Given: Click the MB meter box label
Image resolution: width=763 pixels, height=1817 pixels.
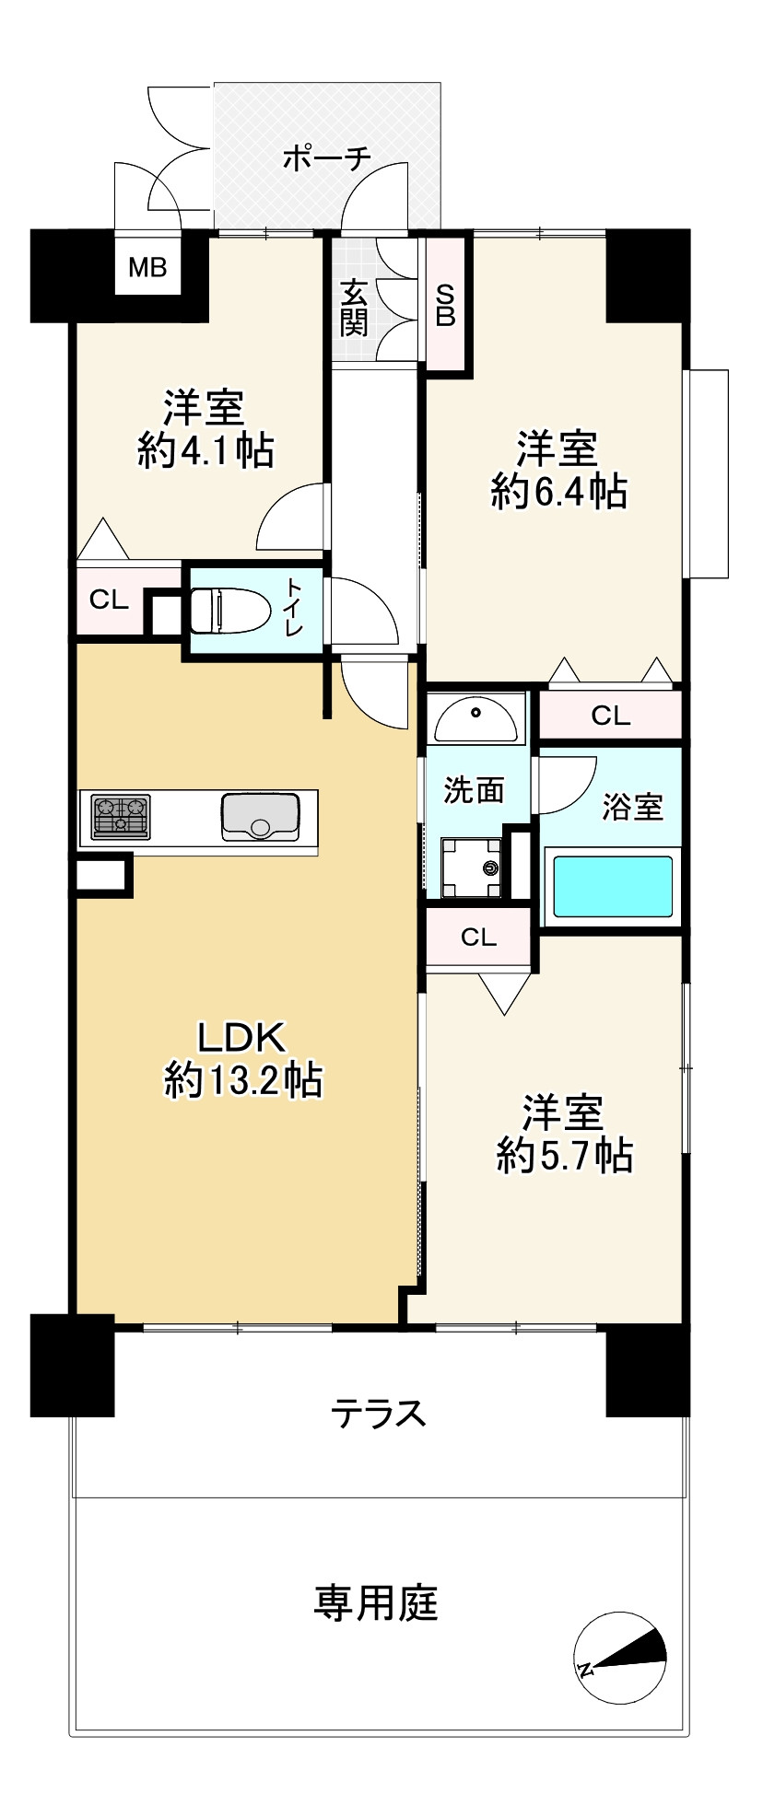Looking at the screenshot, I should point(147,268).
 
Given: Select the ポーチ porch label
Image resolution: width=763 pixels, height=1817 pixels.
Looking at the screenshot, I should point(326,158).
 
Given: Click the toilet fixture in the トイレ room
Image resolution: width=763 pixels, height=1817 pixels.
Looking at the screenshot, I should point(229,609).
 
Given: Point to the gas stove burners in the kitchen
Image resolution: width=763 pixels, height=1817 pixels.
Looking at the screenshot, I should point(121,817).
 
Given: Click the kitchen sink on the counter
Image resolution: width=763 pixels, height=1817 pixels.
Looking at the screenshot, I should point(261,817).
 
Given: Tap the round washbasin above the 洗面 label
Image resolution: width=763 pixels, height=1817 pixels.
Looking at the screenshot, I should point(475,719).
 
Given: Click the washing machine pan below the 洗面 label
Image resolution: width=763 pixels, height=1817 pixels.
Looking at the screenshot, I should point(471,867).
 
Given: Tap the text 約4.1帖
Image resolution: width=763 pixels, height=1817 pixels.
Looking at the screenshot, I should point(205,449).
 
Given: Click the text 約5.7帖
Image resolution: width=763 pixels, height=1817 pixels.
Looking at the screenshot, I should point(564,1154).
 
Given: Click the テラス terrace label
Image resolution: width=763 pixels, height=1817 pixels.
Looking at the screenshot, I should point(380,1412).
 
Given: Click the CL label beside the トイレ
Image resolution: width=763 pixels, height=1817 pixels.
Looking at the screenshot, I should point(108,600).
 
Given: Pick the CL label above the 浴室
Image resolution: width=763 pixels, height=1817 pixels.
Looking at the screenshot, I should point(610,716).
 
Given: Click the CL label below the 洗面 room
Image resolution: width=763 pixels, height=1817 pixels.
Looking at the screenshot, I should point(478,938).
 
